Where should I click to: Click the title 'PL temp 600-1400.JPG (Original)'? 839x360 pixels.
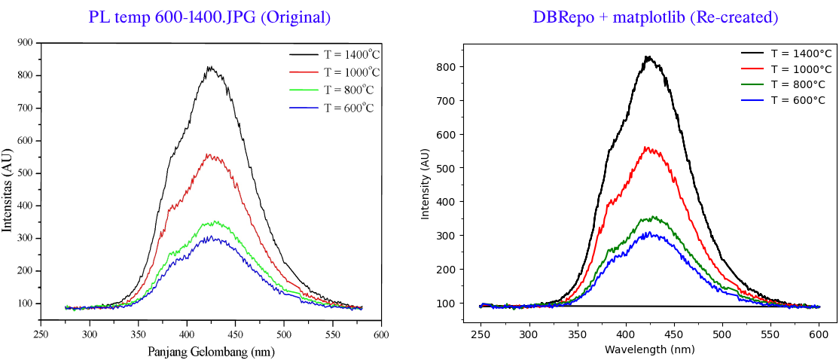click(209, 17)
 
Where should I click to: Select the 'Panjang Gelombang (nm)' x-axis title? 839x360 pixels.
click(209, 351)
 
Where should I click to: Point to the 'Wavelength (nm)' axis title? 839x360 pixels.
click(649, 349)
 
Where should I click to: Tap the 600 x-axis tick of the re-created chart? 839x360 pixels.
click(819, 334)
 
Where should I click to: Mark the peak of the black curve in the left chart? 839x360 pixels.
click(210, 67)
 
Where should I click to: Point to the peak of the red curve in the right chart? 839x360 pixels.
click(646, 147)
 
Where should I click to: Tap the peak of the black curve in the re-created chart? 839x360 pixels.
click(646, 56)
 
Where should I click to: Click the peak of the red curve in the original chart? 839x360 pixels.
click(211, 154)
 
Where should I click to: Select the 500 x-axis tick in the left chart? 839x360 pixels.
click(284, 334)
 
